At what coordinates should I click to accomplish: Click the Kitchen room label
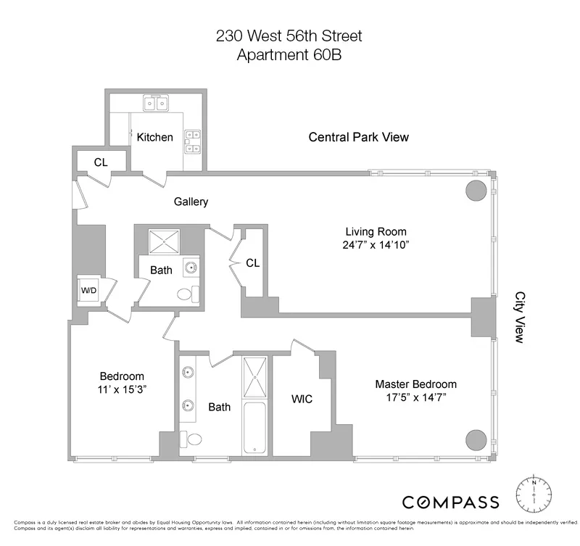(155, 137)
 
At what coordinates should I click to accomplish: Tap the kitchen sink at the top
(156, 103)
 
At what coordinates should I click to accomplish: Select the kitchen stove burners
(193, 141)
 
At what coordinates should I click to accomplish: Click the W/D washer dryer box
(89, 291)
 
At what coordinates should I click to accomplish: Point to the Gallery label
(191, 202)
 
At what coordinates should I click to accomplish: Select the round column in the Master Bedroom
(476, 440)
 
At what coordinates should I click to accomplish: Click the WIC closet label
(301, 400)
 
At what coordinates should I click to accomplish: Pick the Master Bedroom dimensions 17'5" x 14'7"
(415, 397)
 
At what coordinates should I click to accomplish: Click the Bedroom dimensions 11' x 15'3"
(122, 389)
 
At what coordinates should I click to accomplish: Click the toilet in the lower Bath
(192, 439)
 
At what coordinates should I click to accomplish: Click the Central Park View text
(358, 137)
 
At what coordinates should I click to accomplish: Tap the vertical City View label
(520, 317)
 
